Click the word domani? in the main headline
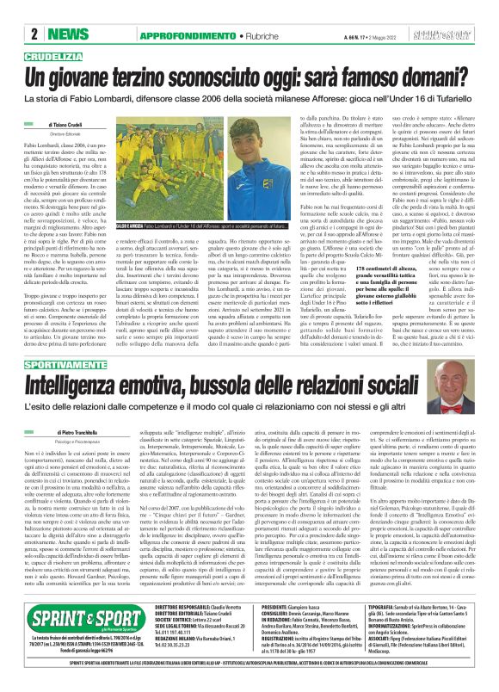tap(410, 77)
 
